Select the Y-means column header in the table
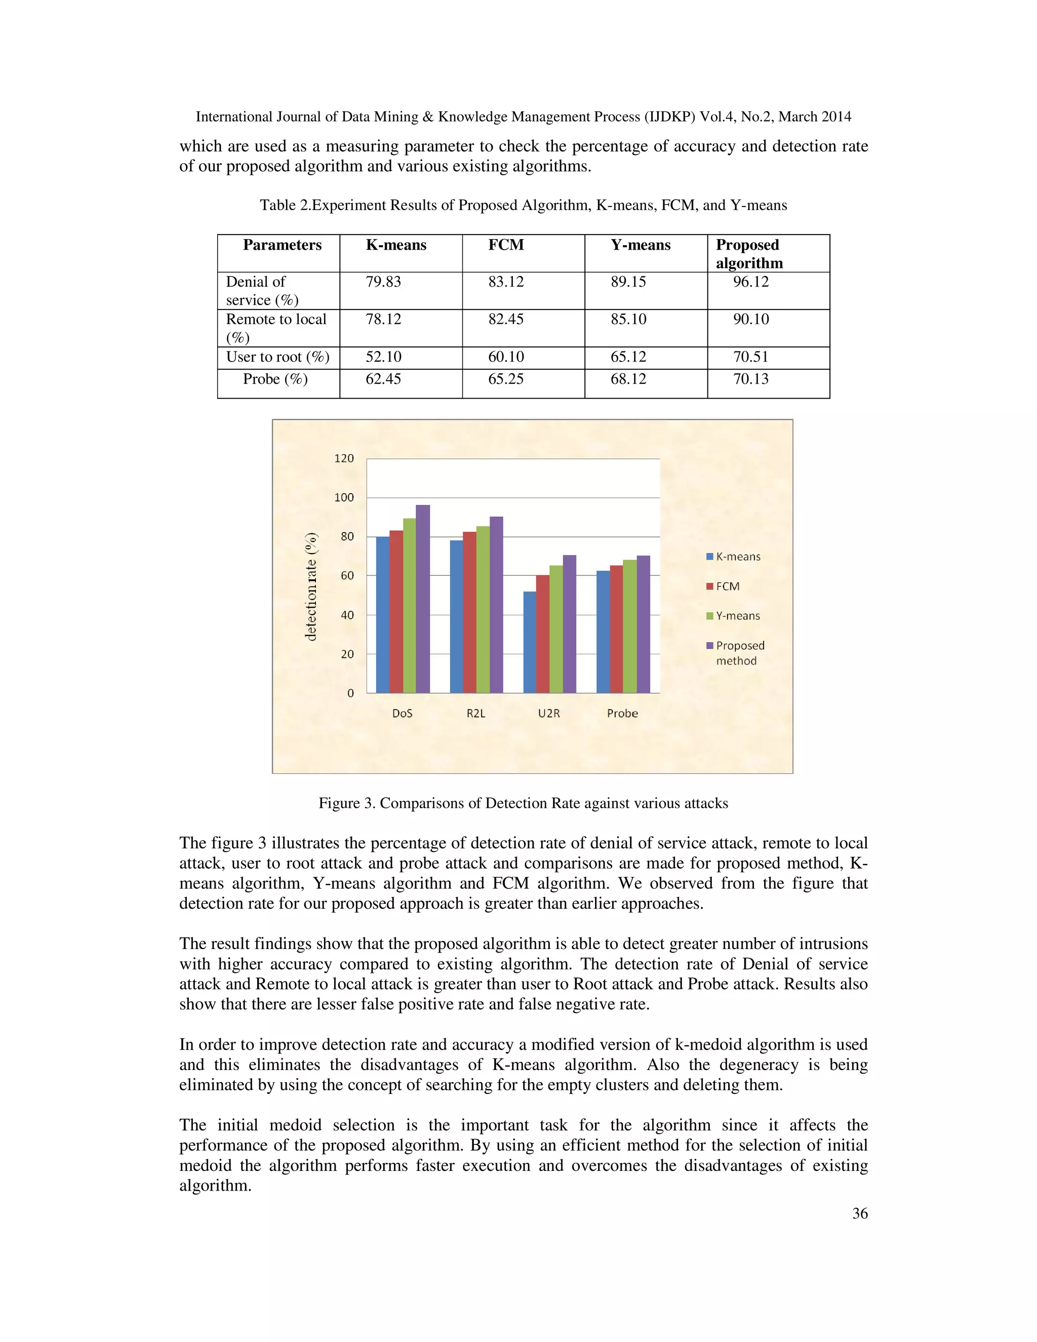coord(640,245)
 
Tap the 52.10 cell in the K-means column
coord(383,357)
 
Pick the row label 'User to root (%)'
coord(277,357)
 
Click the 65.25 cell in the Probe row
coord(506,379)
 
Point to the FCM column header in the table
coord(506,245)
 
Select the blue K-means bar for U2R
coord(529,642)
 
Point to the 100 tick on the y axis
coord(344,498)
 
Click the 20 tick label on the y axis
coord(348,654)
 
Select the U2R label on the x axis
coord(548,714)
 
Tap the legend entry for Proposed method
coord(740,653)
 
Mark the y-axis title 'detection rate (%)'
coord(311,587)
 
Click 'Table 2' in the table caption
coord(285,205)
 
